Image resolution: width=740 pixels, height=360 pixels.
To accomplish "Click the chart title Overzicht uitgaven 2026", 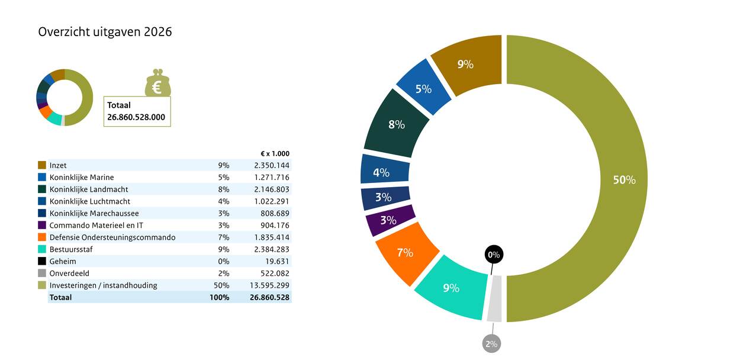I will (x=105, y=32).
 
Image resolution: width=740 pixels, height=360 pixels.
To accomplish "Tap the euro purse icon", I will (x=157, y=83).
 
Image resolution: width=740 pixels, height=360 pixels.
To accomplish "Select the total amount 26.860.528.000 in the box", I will (x=136, y=117).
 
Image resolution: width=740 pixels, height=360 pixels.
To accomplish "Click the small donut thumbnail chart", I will (x=65, y=98).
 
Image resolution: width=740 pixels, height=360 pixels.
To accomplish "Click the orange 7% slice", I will (x=405, y=252).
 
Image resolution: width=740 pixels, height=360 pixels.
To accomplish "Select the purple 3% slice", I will (x=389, y=220).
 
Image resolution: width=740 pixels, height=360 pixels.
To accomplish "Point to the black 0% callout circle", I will (x=493, y=255).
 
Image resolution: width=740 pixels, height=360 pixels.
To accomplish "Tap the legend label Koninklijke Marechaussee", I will (x=94, y=213).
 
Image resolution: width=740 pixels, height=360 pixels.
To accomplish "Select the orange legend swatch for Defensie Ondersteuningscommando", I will (x=42, y=237).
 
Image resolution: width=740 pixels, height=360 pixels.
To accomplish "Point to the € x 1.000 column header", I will (x=275, y=154).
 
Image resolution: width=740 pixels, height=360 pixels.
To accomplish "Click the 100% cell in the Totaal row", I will (x=219, y=297).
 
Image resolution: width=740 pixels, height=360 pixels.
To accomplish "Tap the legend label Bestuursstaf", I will (x=71, y=249).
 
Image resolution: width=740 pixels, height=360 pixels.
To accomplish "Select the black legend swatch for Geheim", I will (x=42, y=261).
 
